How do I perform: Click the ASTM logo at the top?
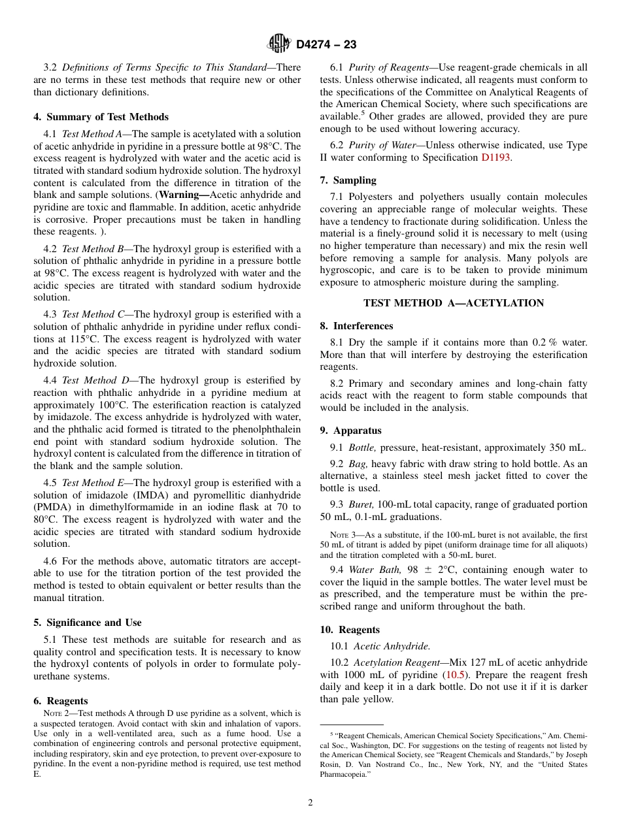tap(279, 44)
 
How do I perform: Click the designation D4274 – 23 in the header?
tap(326, 44)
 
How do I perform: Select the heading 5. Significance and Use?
tap(87, 623)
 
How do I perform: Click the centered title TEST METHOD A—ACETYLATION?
tap(453, 303)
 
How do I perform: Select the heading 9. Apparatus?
tap(350, 431)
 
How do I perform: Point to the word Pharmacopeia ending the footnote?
tap(345, 775)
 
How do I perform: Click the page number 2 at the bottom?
tap(310, 803)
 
